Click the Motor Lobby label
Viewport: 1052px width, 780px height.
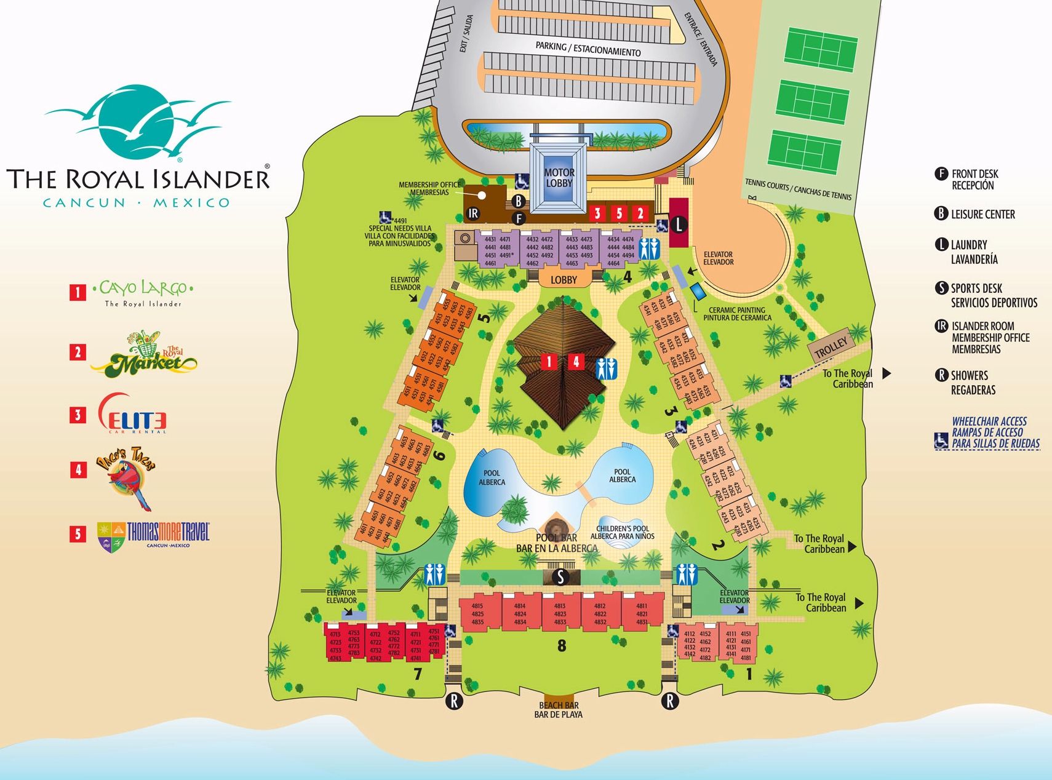click(559, 178)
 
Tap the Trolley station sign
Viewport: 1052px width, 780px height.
click(831, 349)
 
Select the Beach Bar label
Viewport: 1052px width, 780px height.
click(558, 710)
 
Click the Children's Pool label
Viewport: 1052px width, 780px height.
click(622, 532)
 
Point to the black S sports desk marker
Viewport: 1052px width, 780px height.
click(560, 577)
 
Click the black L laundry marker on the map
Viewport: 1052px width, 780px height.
click(679, 225)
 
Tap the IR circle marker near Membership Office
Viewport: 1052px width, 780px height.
click(473, 213)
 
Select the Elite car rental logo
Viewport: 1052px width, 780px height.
click(133, 414)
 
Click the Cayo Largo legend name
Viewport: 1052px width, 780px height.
click(143, 289)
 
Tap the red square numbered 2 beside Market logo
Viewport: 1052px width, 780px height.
click(78, 352)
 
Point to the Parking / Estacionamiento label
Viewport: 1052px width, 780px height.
click(588, 49)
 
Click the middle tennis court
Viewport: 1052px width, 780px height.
click(812, 103)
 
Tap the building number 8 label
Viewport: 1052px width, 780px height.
click(561, 646)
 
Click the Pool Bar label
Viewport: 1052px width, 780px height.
click(556, 543)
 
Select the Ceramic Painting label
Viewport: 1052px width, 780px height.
click(737, 314)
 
